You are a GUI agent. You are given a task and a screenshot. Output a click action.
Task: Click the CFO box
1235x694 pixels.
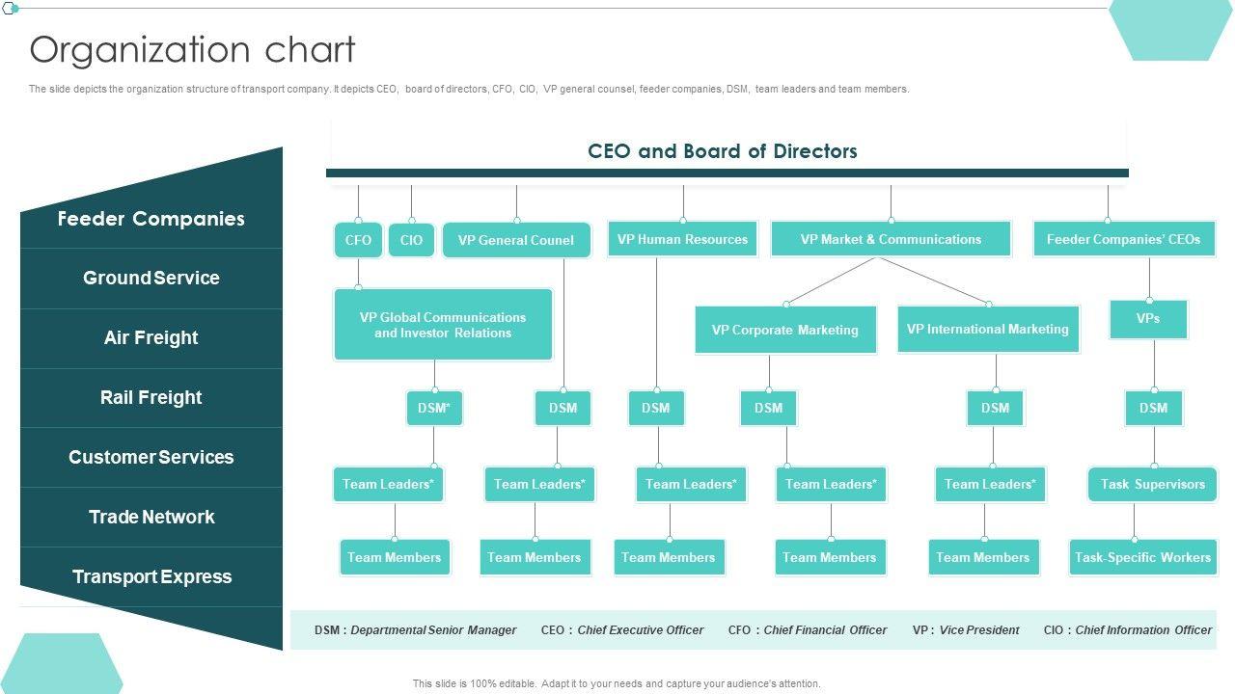[358, 240]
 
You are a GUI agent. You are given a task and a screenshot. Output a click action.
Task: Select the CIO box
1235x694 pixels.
[411, 240]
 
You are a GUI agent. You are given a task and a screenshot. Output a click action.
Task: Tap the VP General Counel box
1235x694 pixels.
[515, 240]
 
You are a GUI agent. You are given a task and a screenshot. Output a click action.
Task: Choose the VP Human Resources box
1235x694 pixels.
[682, 239]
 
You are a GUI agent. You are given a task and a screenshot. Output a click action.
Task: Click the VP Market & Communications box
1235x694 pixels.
[891, 239]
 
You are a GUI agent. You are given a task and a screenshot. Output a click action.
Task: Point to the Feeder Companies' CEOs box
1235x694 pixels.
[1123, 239]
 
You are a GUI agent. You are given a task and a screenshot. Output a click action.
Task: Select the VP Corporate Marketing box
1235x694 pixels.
[784, 330]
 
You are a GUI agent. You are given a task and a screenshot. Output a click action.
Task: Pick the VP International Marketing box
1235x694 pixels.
[987, 329]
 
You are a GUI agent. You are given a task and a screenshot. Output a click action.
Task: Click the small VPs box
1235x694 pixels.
[1147, 319]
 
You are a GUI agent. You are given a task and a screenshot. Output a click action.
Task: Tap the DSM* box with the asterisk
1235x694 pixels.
[434, 408]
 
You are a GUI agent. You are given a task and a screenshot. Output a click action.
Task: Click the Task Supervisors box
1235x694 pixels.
[1152, 484]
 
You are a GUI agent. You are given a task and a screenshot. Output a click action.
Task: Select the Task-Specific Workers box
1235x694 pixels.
[1142, 557]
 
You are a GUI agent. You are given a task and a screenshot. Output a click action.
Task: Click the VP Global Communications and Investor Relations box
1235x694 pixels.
[443, 325]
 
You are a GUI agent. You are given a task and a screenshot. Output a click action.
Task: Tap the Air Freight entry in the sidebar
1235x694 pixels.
[151, 338]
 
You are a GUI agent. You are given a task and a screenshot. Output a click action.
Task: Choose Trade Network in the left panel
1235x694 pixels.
[151, 518]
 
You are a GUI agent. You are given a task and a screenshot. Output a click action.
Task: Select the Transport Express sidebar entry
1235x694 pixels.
[151, 577]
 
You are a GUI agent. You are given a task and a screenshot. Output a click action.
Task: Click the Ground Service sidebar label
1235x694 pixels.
[151, 279]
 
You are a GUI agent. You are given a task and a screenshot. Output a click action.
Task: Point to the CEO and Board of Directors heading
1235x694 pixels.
[723, 151]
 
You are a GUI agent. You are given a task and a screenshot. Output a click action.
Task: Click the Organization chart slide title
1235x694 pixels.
[193, 50]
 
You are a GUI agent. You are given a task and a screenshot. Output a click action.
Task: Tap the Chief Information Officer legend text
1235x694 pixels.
[1143, 630]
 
